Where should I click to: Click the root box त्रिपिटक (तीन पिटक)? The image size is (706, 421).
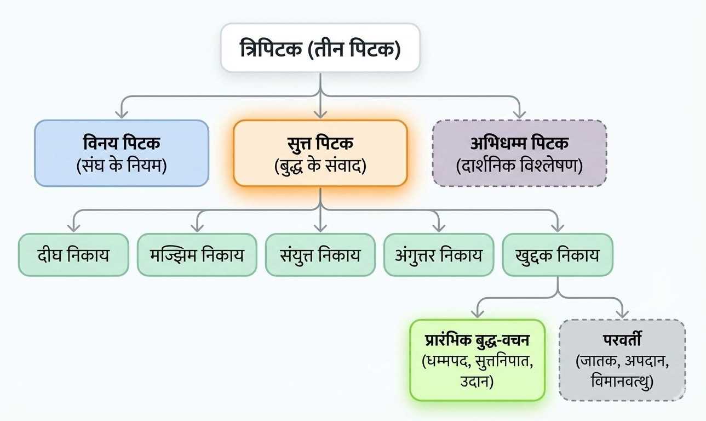point(320,48)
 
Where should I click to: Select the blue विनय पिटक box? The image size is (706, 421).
point(122,153)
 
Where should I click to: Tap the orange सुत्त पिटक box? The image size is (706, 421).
point(320,153)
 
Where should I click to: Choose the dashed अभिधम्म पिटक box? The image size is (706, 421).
point(519,153)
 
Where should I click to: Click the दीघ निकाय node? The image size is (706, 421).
point(73,255)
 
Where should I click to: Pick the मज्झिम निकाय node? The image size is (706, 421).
point(197,255)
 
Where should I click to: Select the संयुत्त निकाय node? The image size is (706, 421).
point(320,255)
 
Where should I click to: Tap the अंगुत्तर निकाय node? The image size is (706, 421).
point(439,255)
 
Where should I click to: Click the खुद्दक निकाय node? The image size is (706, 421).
point(558,255)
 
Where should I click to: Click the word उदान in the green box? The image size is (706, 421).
point(477,380)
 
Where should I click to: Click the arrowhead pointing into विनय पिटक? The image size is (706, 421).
point(122,114)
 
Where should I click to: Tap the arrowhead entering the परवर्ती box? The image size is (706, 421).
point(622,314)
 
